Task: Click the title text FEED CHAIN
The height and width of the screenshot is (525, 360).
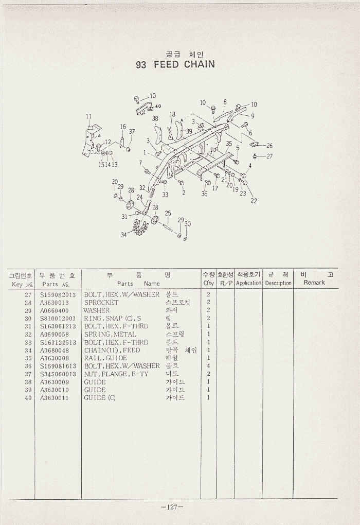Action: tap(184, 65)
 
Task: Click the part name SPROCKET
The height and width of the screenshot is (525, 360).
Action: tap(101, 303)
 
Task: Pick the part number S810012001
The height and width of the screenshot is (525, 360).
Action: tap(58, 319)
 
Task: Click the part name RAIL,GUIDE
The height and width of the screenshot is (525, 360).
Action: tap(105, 358)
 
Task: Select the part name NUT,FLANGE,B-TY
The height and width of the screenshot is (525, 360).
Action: tap(116, 374)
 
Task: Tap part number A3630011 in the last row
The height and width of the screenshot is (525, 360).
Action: tap(55, 398)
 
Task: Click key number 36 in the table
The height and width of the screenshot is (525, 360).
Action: tap(29, 366)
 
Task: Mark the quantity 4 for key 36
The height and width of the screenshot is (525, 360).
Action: tap(208, 366)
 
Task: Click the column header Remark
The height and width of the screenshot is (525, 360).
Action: tap(314, 283)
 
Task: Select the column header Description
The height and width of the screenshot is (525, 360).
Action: tap(278, 283)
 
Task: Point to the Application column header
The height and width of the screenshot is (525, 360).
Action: tap(249, 283)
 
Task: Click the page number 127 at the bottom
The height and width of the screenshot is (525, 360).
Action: tap(172, 507)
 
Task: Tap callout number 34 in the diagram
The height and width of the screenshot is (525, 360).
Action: tap(123, 235)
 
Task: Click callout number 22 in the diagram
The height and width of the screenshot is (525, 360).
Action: tap(254, 201)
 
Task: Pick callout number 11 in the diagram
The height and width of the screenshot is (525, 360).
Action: tap(88, 116)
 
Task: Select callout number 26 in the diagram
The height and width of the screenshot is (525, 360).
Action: tap(269, 146)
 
